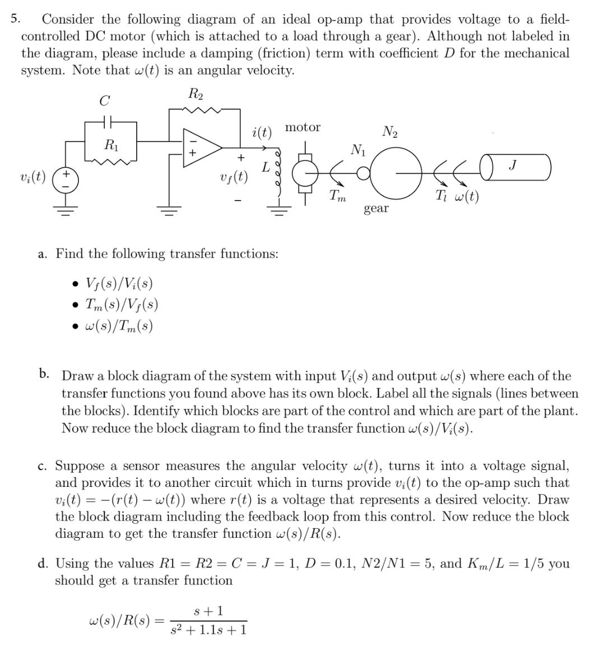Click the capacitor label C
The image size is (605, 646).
pyautogui.click(x=105, y=101)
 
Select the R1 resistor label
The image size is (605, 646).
pyautogui.click(x=111, y=145)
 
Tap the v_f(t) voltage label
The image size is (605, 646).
pyautogui.click(x=233, y=178)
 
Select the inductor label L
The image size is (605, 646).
pyautogui.click(x=267, y=167)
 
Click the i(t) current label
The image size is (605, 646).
pyautogui.click(x=262, y=133)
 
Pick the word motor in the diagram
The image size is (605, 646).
pyautogui.click(x=302, y=128)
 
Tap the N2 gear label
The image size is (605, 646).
pyautogui.click(x=390, y=132)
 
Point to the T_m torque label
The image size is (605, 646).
pyautogui.click(x=337, y=196)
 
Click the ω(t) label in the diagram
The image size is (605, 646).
pyautogui.click(x=463, y=197)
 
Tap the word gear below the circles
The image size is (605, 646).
pyautogui.click(x=376, y=208)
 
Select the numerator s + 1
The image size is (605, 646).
pyautogui.click(x=208, y=611)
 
